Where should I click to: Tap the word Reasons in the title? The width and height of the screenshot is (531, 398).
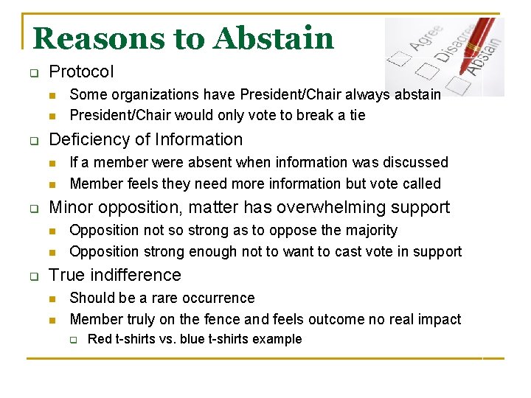click(x=91, y=38)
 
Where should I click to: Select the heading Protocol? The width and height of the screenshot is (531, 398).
click(x=81, y=72)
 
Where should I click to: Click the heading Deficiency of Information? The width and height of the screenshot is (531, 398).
click(x=145, y=139)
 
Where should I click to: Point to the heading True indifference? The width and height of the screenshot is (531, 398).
click(x=114, y=275)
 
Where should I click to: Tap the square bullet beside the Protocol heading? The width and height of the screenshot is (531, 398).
click(x=33, y=73)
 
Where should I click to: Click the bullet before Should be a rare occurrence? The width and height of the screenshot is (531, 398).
click(x=52, y=298)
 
